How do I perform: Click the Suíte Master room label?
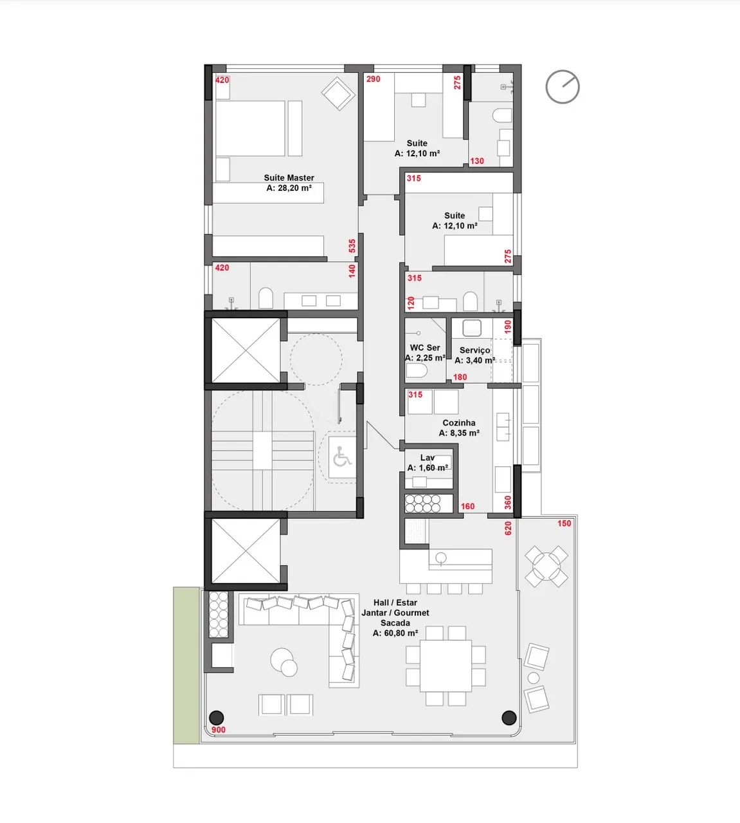289,177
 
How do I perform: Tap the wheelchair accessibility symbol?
342,457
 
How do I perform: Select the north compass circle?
563,87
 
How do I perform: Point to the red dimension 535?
352,246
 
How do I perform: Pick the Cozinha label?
459,422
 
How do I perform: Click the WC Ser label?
425,347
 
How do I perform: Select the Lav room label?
428,457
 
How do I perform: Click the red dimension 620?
508,528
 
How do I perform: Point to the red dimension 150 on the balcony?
564,523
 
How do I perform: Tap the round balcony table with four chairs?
546,566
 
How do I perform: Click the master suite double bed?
250,129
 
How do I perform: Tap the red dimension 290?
373,79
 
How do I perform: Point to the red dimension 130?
477,161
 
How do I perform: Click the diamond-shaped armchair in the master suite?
338,93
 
